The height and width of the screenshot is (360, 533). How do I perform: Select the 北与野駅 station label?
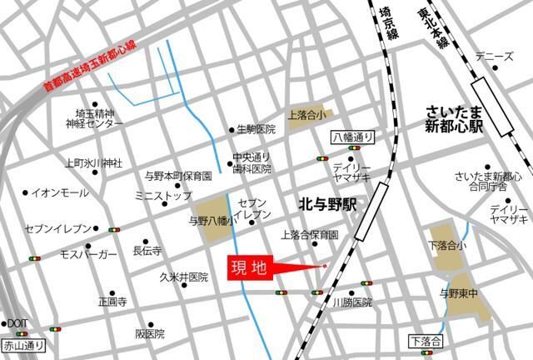point(326,202)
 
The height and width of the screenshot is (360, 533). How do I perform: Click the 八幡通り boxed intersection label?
point(353,136)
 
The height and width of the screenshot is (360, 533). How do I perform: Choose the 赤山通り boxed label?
point(23,342)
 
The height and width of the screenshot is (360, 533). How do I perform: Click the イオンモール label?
point(60,192)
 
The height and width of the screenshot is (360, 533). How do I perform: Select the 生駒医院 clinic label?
point(256,129)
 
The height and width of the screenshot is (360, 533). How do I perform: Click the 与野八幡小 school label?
point(210,222)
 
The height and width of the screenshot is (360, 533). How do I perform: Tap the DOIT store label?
point(17,322)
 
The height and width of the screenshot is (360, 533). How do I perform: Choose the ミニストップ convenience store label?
point(163,195)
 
